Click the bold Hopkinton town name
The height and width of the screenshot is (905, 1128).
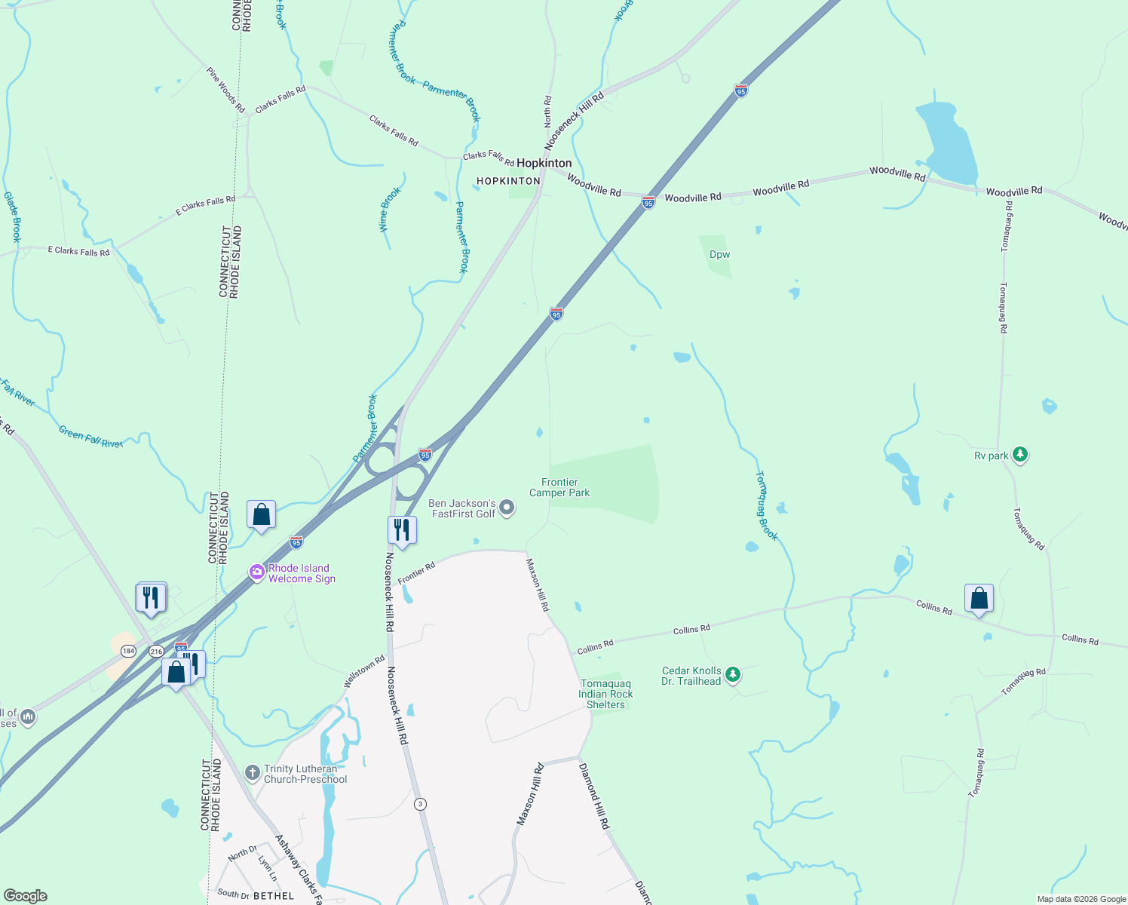click(x=544, y=163)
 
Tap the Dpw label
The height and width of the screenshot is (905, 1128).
click(x=719, y=254)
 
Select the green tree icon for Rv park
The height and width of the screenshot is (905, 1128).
click(x=1020, y=455)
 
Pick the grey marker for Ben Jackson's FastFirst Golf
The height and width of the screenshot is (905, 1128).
click(x=507, y=508)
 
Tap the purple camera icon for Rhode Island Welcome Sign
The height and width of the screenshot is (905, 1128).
click(x=257, y=573)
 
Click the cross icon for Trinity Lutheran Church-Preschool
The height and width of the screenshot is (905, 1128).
click(x=253, y=773)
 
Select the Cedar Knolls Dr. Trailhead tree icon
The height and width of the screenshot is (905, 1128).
click(x=733, y=675)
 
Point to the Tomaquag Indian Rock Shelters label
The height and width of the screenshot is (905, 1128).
click(x=605, y=694)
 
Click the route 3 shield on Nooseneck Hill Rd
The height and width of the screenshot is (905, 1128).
click(x=420, y=804)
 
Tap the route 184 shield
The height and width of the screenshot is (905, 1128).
click(x=129, y=651)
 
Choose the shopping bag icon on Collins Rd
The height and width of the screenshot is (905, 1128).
click(x=979, y=599)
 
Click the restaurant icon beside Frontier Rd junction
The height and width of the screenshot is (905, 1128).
click(x=402, y=529)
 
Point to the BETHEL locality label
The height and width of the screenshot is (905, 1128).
click(x=274, y=896)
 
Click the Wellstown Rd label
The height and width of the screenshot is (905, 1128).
click(x=364, y=671)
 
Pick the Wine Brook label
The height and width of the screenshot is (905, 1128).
click(x=390, y=209)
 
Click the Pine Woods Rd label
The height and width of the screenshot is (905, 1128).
click(x=225, y=90)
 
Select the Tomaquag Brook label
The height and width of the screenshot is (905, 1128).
click(x=766, y=505)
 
